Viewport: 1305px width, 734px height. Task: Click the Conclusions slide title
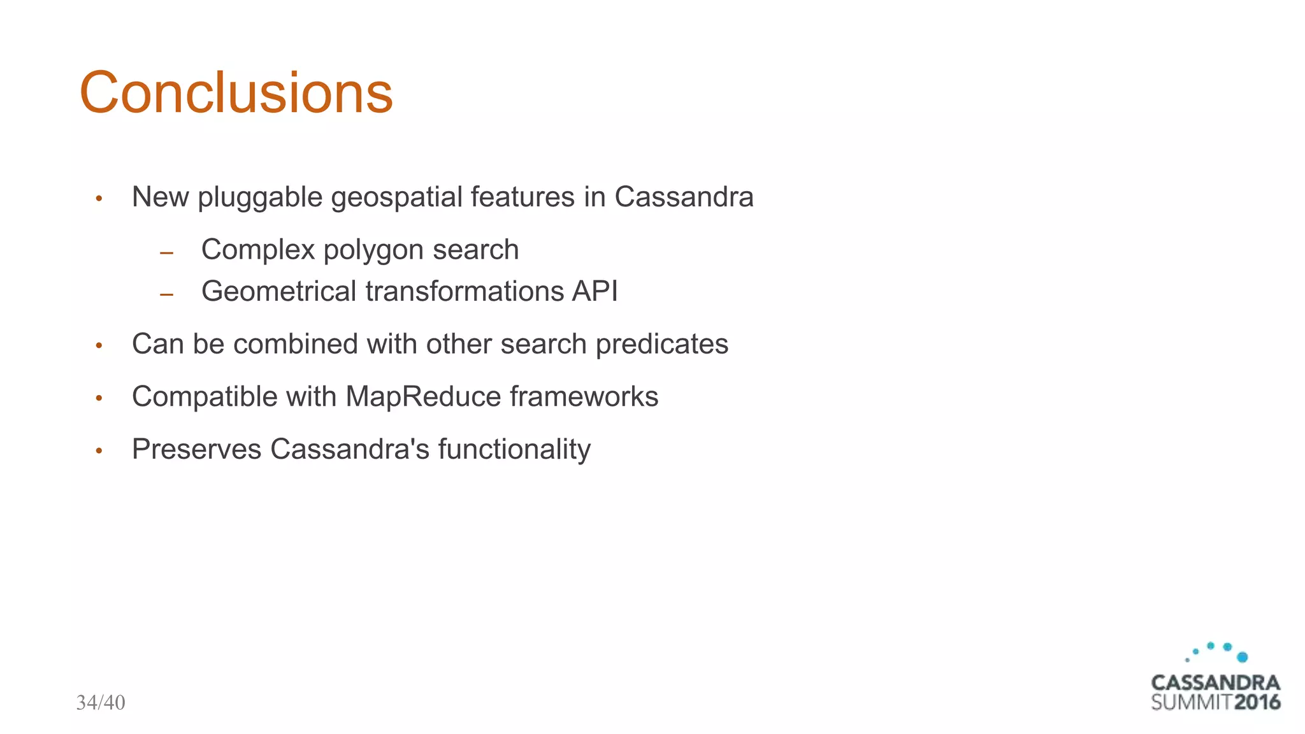pyautogui.click(x=236, y=93)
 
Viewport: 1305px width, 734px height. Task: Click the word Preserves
pyautogui.click(x=196, y=449)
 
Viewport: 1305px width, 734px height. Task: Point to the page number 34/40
pyautogui.click(x=101, y=703)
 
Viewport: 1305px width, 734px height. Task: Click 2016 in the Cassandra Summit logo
pyautogui.click(x=1257, y=703)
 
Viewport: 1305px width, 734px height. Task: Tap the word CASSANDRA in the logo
pyautogui.click(x=1215, y=682)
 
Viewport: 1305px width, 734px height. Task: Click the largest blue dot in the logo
pyautogui.click(x=1242, y=657)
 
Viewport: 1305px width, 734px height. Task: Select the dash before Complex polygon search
pyautogui.click(x=167, y=254)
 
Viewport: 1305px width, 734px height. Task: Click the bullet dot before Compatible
pyautogui.click(x=99, y=398)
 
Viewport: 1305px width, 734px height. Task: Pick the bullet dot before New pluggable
pyautogui.click(x=99, y=199)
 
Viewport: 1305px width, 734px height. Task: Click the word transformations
pyautogui.click(x=465, y=291)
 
